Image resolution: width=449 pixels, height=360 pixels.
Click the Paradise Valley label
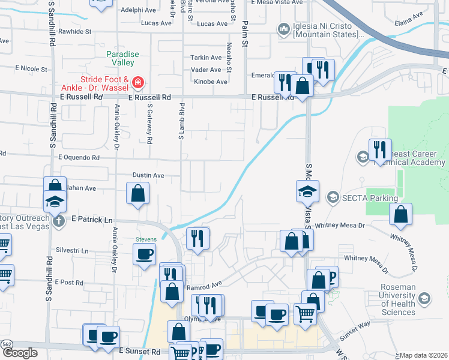(x=122, y=59)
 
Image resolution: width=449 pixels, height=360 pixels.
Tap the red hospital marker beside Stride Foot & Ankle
(x=137, y=81)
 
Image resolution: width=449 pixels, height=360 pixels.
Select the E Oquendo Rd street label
(x=79, y=158)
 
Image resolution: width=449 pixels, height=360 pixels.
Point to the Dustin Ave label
(x=148, y=175)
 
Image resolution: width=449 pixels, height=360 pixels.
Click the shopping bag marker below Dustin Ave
(x=137, y=193)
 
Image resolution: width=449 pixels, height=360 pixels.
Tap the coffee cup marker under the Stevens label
(x=144, y=254)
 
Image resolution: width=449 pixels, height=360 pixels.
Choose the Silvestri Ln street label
(x=72, y=251)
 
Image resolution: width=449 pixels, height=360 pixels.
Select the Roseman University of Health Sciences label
(x=398, y=299)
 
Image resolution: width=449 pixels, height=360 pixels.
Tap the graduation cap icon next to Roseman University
(x=424, y=299)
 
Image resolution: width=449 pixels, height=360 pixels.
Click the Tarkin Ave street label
(x=206, y=58)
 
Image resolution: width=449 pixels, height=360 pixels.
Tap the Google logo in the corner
(x=20, y=353)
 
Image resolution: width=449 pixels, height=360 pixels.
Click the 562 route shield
(x=6, y=344)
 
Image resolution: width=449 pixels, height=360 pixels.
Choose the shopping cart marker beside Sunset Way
(x=306, y=313)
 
